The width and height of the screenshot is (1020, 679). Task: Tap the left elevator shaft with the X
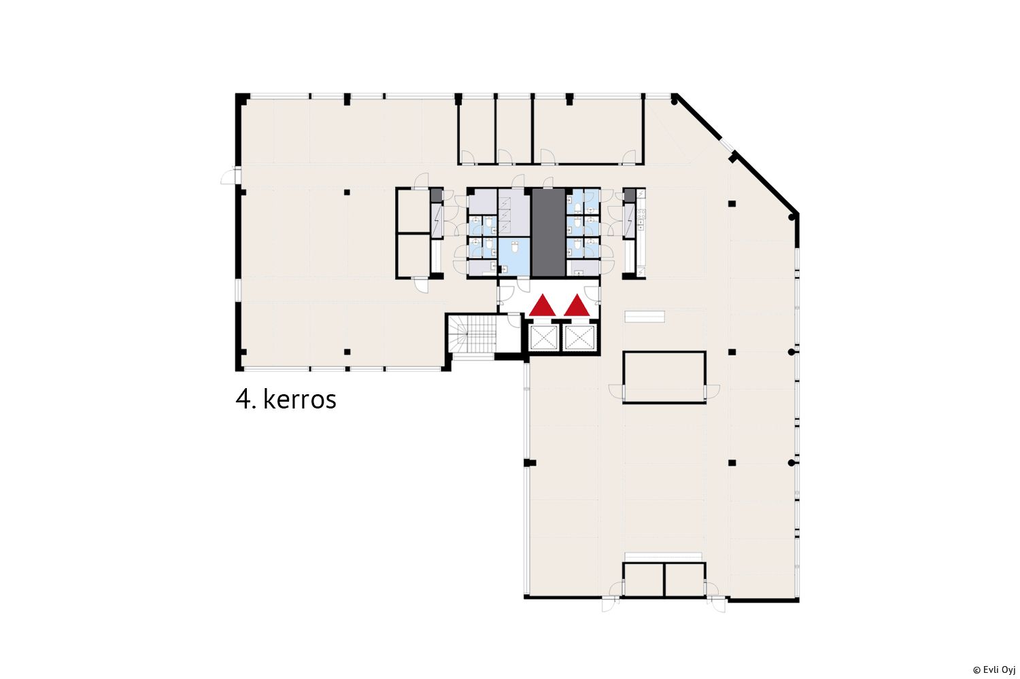(x=544, y=338)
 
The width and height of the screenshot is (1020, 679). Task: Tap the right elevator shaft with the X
(x=579, y=338)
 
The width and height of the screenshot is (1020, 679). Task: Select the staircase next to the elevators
(x=472, y=334)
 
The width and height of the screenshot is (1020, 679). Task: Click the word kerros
(x=300, y=400)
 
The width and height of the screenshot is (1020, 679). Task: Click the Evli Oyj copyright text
(x=994, y=670)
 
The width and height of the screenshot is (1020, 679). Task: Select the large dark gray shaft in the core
(x=549, y=232)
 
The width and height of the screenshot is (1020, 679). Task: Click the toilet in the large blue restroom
(x=515, y=247)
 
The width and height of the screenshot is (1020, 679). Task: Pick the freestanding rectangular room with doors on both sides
(x=664, y=377)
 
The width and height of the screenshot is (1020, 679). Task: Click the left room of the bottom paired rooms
(x=643, y=580)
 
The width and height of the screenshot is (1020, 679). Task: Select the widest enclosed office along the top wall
(x=588, y=130)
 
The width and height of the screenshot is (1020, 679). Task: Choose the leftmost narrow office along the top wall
(x=476, y=130)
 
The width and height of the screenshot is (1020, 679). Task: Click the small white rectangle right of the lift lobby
(x=645, y=317)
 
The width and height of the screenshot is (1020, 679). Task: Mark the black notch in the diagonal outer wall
(x=732, y=158)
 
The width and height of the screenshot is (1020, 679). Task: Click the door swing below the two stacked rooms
(x=421, y=285)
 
